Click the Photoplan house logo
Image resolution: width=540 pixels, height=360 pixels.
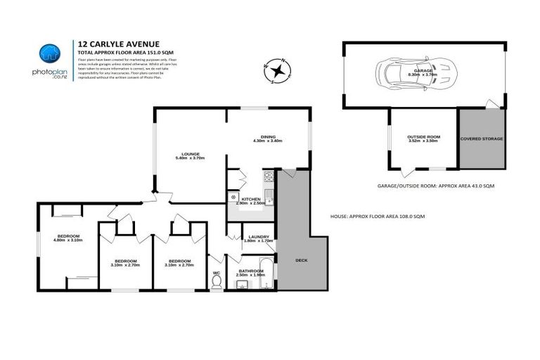[49, 54]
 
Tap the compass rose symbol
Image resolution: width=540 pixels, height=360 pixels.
[278, 70]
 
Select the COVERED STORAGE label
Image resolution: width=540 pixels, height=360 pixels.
[482, 139]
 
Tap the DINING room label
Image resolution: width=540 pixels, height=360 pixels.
[267, 138]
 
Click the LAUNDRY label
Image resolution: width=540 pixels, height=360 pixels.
[257, 238]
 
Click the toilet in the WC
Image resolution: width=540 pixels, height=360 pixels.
[217, 281]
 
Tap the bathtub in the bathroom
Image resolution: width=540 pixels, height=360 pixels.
[266, 275]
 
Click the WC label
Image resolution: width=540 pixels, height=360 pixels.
[217, 271]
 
